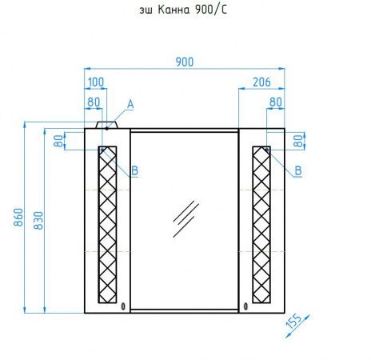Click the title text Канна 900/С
(192, 10)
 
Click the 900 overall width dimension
(185, 62)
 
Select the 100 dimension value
(96, 82)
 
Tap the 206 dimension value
(261, 82)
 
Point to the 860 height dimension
(18, 218)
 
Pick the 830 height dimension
(38, 221)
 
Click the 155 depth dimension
(294, 322)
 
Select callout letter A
(130, 104)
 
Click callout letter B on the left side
(135, 170)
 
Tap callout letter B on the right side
(298, 170)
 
